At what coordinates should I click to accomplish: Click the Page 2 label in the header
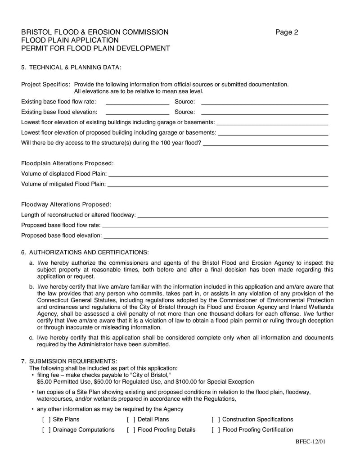[x=287, y=32]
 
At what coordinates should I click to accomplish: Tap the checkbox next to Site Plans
[x=46, y=419]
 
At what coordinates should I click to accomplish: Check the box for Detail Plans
[x=130, y=419]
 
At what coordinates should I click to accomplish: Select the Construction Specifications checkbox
[x=216, y=419]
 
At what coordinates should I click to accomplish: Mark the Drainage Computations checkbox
[x=46, y=430]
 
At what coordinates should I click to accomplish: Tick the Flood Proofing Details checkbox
[x=130, y=430]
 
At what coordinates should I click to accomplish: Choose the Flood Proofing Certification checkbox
[x=216, y=430]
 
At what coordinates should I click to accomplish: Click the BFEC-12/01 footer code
[x=310, y=441]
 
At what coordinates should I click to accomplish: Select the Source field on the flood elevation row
[x=264, y=112]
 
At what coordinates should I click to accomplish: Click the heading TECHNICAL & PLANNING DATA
[x=75, y=68]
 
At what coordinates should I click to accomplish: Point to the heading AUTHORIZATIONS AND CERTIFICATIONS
[x=89, y=252]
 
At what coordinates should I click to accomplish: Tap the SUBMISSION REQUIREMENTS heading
[x=73, y=361]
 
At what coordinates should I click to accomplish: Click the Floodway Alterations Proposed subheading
[x=66, y=204]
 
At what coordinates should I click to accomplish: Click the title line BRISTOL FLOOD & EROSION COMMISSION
[x=95, y=32]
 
